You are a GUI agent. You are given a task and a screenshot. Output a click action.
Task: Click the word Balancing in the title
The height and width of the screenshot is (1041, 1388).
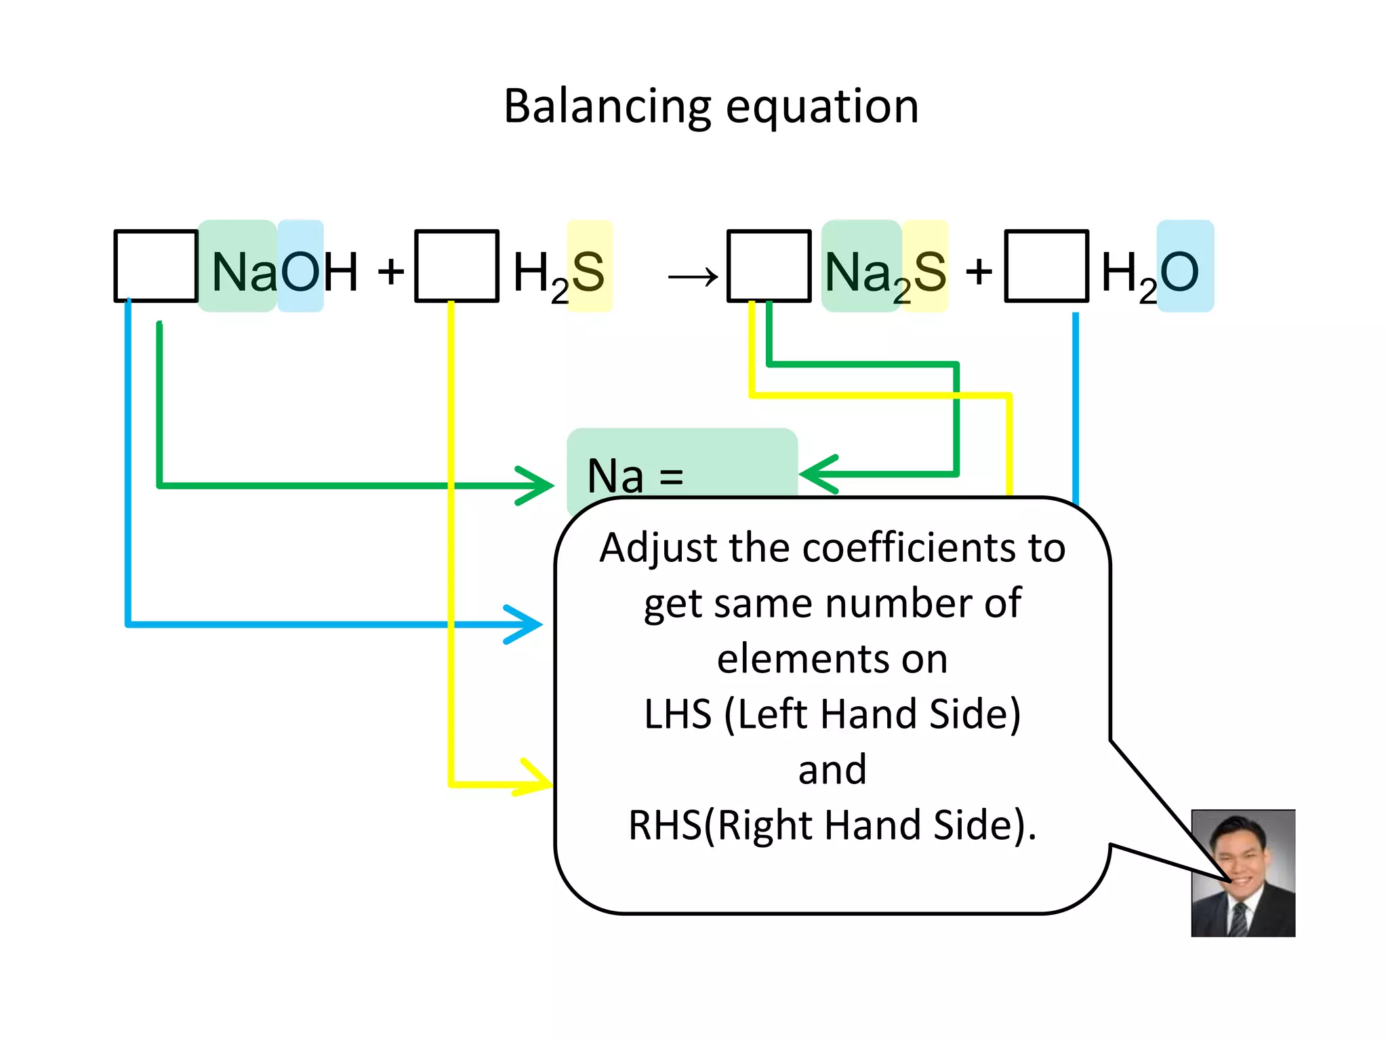click(607, 107)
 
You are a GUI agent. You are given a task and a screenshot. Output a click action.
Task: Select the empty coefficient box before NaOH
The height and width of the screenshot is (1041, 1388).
click(156, 266)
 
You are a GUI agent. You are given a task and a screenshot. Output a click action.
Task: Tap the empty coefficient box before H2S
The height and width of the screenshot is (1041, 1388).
click(456, 266)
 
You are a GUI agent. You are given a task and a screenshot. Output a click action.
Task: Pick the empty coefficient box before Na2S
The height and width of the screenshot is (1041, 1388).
click(769, 266)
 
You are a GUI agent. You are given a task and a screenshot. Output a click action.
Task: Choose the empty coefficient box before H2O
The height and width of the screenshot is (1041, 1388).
click(1046, 266)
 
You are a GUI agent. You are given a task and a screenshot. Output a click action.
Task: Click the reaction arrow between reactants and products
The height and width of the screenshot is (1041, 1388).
click(693, 277)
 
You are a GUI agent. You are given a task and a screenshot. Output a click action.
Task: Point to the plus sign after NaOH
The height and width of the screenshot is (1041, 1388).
click(391, 272)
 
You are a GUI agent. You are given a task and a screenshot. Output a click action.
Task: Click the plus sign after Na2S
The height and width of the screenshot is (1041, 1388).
click(979, 272)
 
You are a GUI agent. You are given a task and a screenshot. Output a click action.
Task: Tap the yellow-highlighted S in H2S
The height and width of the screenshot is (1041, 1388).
click(588, 272)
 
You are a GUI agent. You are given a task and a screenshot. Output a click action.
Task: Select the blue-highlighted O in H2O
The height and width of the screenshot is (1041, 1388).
click(1180, 272)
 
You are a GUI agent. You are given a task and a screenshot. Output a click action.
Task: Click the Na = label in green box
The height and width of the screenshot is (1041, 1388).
click(635, 476)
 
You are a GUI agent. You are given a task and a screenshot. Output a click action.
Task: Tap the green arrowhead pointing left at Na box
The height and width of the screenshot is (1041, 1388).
click(817, 474)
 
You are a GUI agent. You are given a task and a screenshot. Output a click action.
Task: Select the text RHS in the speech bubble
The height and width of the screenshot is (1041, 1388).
click(665, 825)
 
